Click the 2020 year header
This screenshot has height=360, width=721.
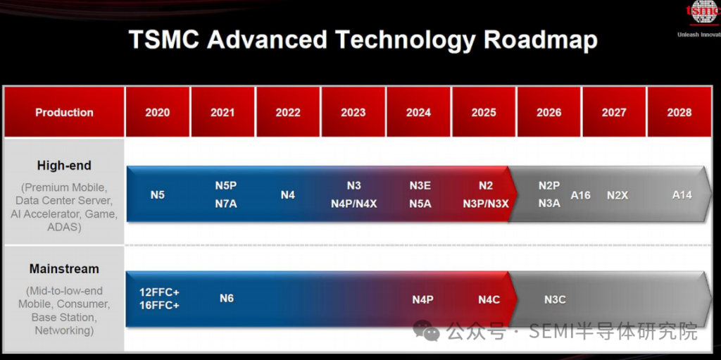click(x=157, y=112)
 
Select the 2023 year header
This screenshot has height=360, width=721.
click(x=353, y=112)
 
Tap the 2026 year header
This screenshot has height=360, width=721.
click(x=549, y=112)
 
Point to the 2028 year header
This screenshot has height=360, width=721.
click(x=679, y=112)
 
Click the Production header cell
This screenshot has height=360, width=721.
click(x=64, y=112)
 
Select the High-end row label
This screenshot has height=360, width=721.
click(x=64, y=166)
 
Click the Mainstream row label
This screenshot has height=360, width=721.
click(x=64, y=269)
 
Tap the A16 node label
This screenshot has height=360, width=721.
click(x=581, y=195)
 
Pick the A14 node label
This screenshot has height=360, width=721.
click(x=682, y=195)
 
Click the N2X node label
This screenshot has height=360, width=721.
click(x=617, y=195)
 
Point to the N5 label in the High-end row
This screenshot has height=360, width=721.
click(x=157, y=195)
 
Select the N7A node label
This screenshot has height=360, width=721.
click(x=226, y=204)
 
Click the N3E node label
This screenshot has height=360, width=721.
click(x=420, y=185)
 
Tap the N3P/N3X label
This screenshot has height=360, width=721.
click(x=486, y=204)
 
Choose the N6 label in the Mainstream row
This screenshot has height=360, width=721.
click(x=227, y=298)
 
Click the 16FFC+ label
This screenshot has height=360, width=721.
click(x=159, y=305)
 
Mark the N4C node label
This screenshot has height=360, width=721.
click(x=489, y=299)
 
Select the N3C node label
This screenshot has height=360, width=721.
click(x=555, y=299)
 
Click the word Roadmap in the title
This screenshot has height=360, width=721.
click(x=540, y=39)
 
